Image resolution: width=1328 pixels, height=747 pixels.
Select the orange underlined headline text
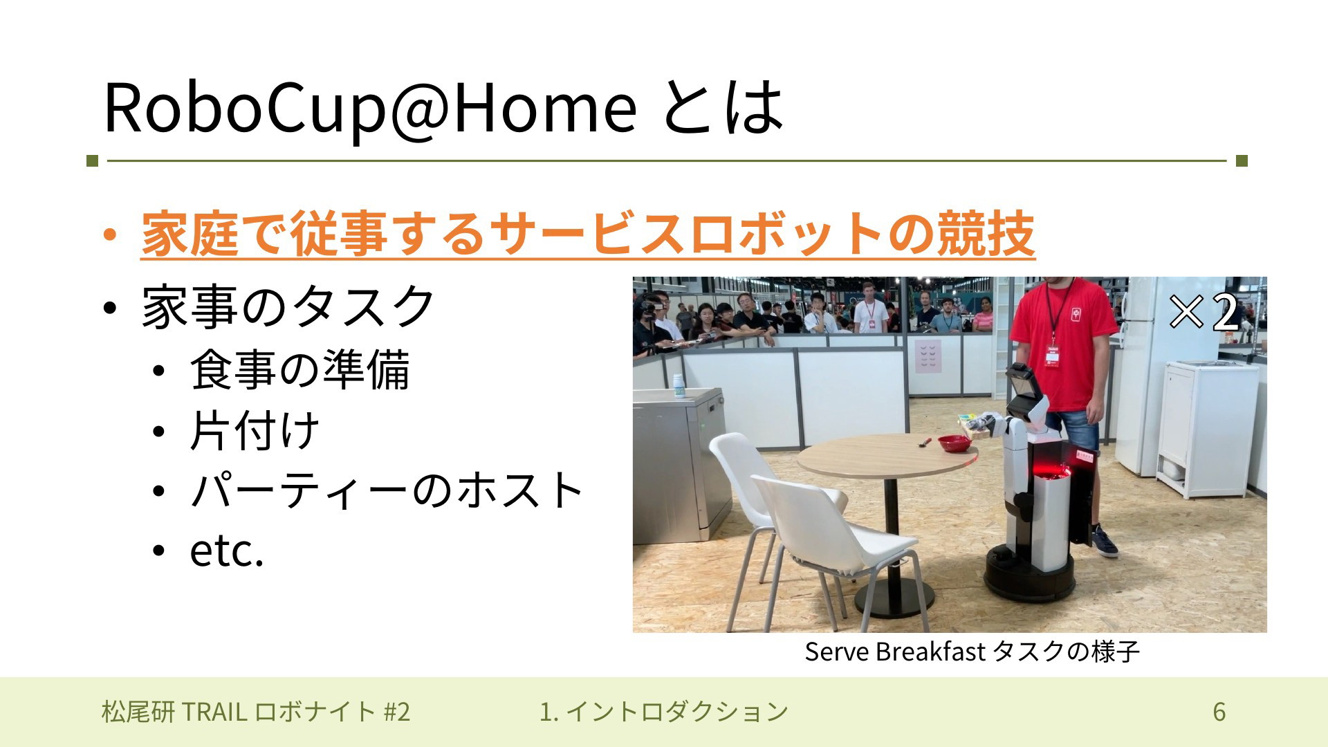pyautogui.click(x=588, y=234)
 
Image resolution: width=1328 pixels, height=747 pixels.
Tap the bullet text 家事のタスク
pyautogui.click(x=288, y=306)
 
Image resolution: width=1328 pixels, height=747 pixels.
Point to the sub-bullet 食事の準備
pyautogui.click(x=300, y=369)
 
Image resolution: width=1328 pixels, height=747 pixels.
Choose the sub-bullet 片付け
pyautogui.click(x=255, y=430)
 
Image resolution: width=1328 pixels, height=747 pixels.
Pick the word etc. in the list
pyautogui.click(x=227, y=551)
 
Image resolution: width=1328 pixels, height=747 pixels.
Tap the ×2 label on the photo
pyautogui.click(x=1204, y=312)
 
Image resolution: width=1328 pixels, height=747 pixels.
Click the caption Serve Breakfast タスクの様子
pyautogui.click(x=972, y=652)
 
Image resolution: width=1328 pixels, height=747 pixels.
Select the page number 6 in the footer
pyautogui.click(x=1219, y=712)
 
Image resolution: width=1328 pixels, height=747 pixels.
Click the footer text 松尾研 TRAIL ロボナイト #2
pyautogui.click(x=256, y=712)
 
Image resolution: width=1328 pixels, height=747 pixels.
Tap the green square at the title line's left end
pyautogui.click(x=93, y=161)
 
